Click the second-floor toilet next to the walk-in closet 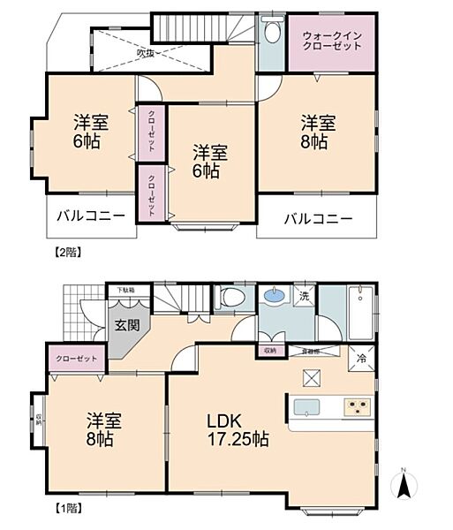pyautogui.click(x=270, y=34)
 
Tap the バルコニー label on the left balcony pyautogui.click(x=92, y=216)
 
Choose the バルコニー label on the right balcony pyautogui.click(x=318, y=218)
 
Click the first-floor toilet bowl pyautogui.click(x=232, y=296)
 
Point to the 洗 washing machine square pyautogui.click(x=303, y=295)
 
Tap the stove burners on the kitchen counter pyautogui.click(x=357, y=407)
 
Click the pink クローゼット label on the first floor pyautogui.click(x=77, y=360)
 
